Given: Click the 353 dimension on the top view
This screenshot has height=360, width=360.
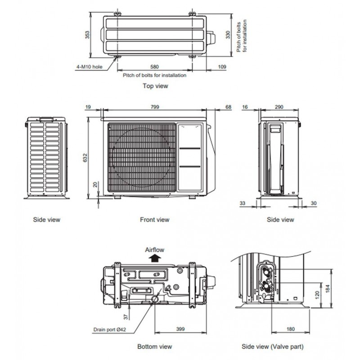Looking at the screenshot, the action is coord(87,35).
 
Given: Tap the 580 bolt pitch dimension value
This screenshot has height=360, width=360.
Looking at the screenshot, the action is coord(154,67).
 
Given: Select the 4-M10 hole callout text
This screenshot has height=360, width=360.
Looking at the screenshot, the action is coord(89,67).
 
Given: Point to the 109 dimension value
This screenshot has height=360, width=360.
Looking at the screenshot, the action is coord(222,67).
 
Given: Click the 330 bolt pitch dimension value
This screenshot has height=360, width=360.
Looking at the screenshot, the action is coord(228,35).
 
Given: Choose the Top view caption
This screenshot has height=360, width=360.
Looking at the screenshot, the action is coord(155,86).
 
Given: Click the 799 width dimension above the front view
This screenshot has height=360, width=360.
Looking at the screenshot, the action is coord(155,107).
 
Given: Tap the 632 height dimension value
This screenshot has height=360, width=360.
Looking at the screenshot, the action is coord(85,158).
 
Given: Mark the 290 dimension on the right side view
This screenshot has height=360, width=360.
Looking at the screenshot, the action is coord(279,107).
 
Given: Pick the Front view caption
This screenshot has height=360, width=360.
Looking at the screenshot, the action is coord(154,220).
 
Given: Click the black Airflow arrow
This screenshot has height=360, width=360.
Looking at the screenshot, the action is coord(155,258).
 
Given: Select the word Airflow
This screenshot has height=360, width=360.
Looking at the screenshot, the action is coord(154,250).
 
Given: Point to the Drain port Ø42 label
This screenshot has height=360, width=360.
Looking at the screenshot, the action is coord(110,330).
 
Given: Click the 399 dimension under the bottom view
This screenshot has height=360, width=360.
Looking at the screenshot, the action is coord(180,329).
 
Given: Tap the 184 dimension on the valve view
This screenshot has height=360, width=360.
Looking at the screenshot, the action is coord(328,288).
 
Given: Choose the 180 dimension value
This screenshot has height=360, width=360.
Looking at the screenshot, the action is coord(290,329).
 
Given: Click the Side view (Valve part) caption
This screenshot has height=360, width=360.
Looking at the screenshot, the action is coord(273,346).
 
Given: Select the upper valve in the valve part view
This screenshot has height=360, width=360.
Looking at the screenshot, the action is coord(267,272).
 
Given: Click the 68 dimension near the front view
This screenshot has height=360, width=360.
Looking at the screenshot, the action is coord(229,107).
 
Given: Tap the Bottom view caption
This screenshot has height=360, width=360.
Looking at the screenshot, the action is coord(154,346).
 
